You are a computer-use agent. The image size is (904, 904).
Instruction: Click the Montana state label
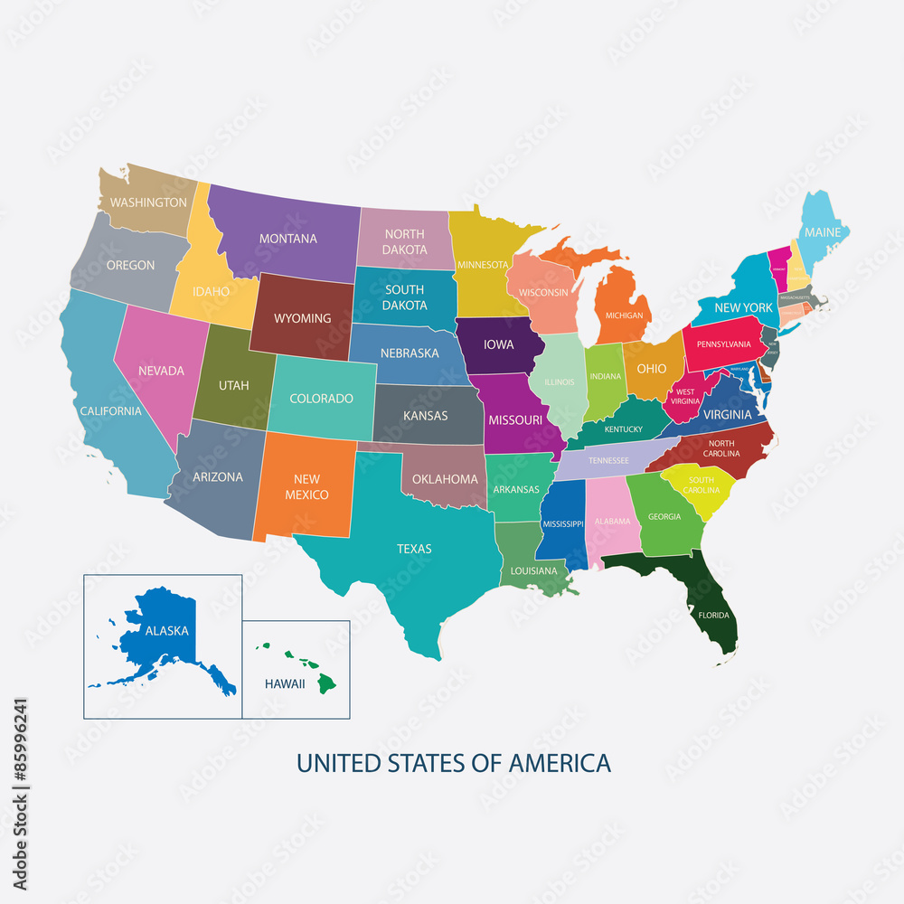(x=288, y=239)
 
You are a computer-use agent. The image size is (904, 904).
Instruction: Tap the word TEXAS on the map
(x=414, y=549)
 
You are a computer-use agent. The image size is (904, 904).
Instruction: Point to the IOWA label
(x=498, y=344)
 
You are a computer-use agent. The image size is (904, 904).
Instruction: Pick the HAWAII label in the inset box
(x=285, y=684)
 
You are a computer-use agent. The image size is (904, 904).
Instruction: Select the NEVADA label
(x=161, y=371)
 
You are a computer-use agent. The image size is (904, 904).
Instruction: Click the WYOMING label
(x=302, y=318)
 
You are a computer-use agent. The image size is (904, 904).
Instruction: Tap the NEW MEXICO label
(x=306, y=487)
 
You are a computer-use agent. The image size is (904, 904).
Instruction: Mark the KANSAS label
(x=425, y=415)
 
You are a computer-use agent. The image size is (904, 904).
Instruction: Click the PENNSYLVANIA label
(x=723, y=344)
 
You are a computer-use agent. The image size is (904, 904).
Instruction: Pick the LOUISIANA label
(x=533, y=571)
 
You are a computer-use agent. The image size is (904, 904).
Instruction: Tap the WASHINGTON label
(x=148, y=202)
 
